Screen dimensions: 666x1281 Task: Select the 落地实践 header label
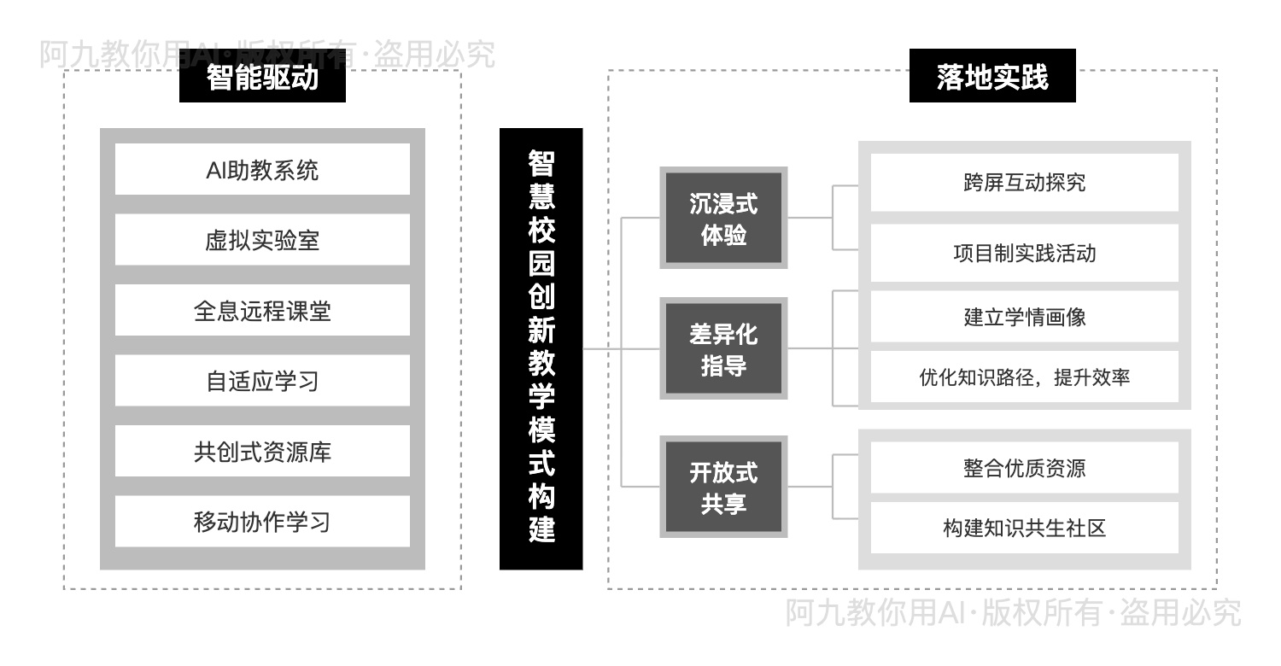click(991, 78)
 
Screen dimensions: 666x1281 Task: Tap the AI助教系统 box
click(262, 170)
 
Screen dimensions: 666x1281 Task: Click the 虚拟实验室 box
click(262, 240)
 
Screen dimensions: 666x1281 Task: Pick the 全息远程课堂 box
click(262, 311)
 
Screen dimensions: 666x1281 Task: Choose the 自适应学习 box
click(262, 381)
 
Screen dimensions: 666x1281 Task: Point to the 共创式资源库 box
click(262, 452)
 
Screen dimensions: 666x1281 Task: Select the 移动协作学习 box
click(262, 522)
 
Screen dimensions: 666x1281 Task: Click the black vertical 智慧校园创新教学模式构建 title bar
click(541, 348)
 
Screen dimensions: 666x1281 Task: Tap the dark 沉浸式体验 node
click(723, 219)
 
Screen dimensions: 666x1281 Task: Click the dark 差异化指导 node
click(723, 349)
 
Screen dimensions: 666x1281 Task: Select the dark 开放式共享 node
click(723, 487)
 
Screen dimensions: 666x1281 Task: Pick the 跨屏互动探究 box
click(1024, 183)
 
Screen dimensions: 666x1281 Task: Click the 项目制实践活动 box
click(1024, 254)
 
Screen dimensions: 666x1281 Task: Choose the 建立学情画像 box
click(1024, 317)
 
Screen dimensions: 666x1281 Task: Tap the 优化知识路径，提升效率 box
click(1024, 377)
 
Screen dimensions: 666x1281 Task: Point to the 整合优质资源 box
click(1024, 468)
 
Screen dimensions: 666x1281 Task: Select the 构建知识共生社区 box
click(1024, 528)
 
